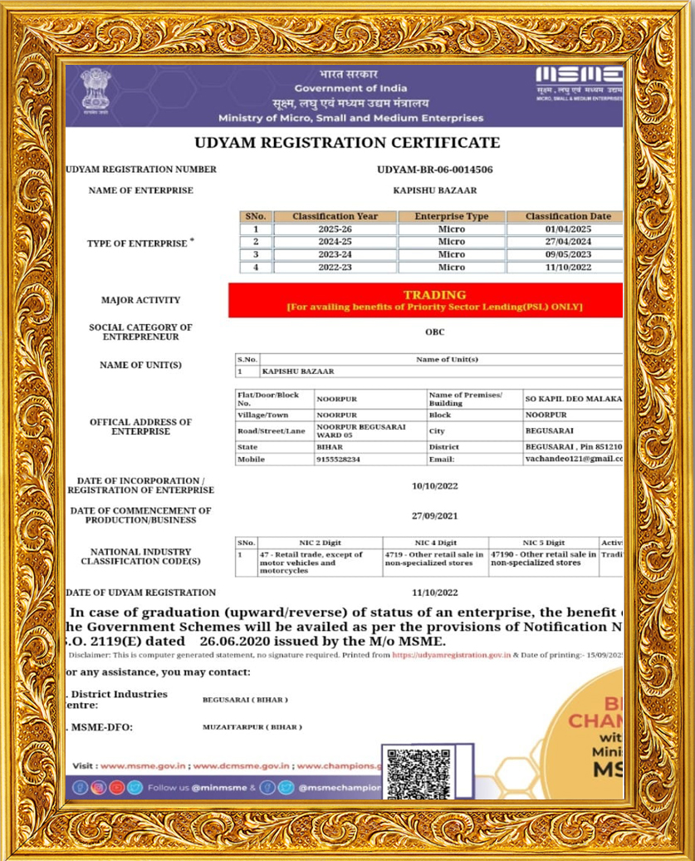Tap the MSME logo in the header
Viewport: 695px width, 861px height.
[579, 81]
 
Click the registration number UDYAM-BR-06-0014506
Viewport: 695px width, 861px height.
[434, 169]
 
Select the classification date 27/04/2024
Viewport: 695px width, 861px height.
[568, 242]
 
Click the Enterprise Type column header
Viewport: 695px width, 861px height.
[452, 216]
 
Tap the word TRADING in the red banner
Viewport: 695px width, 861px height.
[434, 295]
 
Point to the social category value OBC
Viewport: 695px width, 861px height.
[434, 332]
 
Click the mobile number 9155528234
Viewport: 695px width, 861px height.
[338, 460]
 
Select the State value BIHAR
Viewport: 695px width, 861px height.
[330, 447]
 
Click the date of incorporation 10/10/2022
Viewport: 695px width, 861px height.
[434, 485]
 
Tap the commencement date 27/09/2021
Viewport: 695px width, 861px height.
[434, 515]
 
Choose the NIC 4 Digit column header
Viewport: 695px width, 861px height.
[435, 543]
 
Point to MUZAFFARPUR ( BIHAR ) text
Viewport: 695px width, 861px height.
[252, 726]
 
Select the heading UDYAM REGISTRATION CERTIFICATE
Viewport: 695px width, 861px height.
[347, 143]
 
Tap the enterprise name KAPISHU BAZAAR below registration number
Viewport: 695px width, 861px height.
[434, 190]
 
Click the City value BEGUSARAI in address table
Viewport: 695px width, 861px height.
[548, 431]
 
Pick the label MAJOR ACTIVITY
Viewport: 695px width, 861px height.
[140, 300]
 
